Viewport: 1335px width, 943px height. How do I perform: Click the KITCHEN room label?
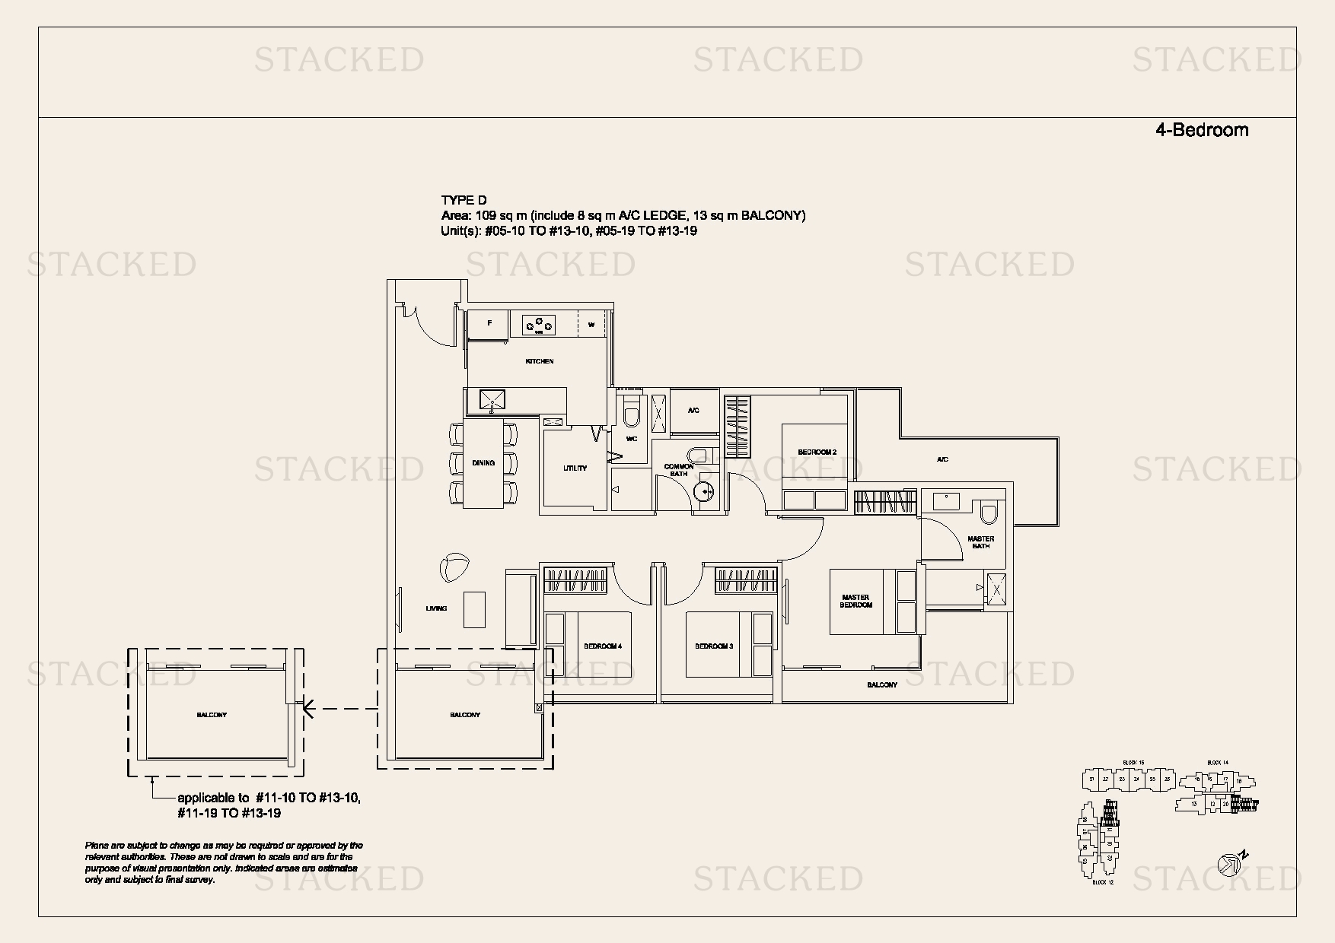tap(540, 361)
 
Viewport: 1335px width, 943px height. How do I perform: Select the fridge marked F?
tap(489, 324)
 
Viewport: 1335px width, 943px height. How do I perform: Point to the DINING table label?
tap(483, 462)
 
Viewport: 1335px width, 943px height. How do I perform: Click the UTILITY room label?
tap(575, 468)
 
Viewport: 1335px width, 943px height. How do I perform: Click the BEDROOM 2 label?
tap(817, 452)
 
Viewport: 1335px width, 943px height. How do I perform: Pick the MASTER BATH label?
tap(980, 542)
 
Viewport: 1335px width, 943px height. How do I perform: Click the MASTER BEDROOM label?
tap(855, 601)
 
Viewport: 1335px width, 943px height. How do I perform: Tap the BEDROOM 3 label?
tap(714, 646)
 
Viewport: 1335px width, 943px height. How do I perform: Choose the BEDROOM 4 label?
tap(602, 646)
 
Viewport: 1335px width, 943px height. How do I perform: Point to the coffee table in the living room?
tap(474, 609)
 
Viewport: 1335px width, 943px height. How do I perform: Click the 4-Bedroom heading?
tap(1201, 130)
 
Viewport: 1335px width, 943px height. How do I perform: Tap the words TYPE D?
tap(463, 201)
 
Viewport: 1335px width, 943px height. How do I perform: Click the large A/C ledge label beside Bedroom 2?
tap(942, 459)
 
